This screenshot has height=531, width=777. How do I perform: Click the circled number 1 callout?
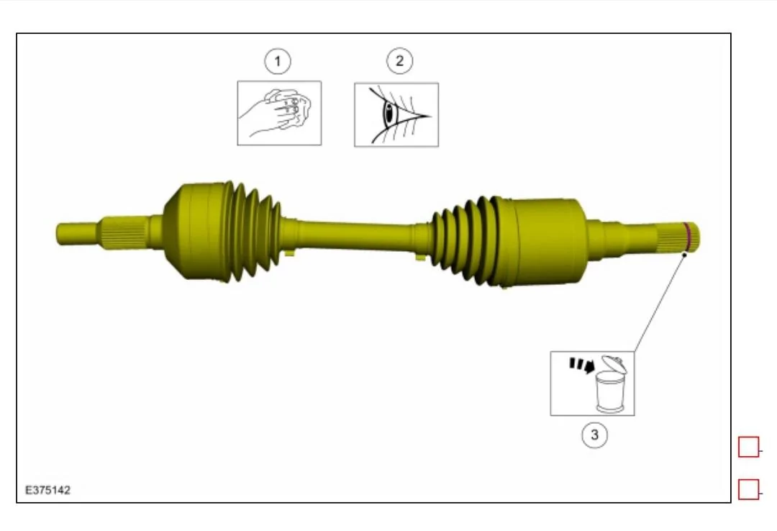pos(278,61)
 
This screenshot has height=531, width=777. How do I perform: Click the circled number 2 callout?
pos(399,61)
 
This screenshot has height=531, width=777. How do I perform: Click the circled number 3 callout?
pos(594,434)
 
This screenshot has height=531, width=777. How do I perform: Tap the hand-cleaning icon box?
pos(279,113)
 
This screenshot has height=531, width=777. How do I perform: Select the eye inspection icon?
pos(396,114)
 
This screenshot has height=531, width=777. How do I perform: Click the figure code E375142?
pos(48,490)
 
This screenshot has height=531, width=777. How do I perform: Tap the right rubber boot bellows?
pos(464,237)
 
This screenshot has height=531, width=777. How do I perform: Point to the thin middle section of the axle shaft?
pos(353,235)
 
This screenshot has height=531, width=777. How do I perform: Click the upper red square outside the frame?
pos(748,447)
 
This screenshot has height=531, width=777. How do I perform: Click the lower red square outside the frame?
pos(748,490)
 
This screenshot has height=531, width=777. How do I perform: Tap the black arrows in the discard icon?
pos(580,366)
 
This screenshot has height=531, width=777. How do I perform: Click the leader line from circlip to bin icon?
pos(658,302)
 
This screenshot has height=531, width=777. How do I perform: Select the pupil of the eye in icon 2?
pos(389,114)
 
